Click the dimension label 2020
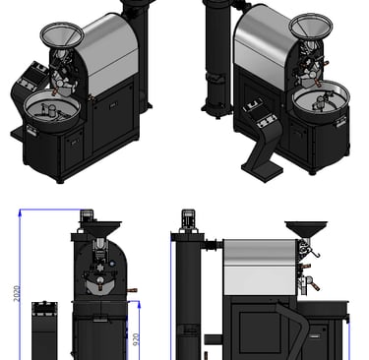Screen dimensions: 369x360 (17, 293)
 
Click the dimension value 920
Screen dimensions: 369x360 (136, 339)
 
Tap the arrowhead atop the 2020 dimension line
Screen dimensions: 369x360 (21, 212)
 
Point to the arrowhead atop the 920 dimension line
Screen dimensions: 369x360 (139, 305)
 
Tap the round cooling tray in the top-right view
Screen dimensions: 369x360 (321, 97)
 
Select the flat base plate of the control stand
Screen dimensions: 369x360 (262, 171)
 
